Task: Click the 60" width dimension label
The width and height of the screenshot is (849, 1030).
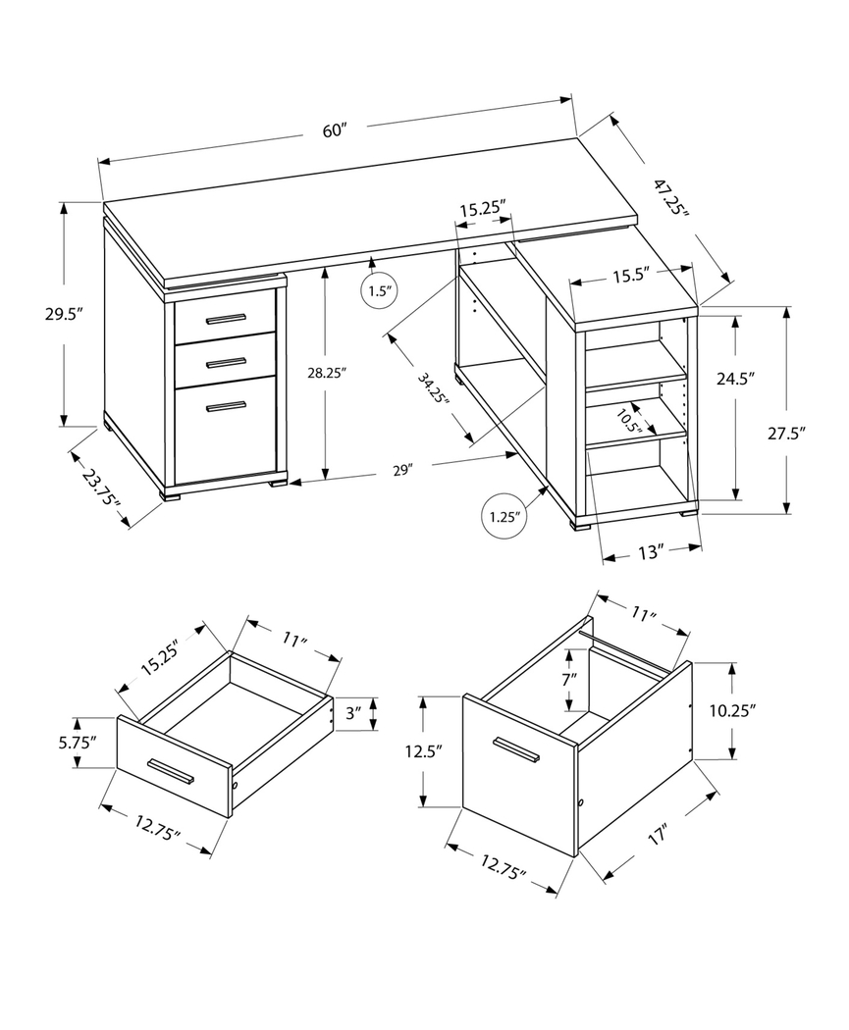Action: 336,132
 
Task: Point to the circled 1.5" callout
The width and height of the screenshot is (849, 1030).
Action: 379,291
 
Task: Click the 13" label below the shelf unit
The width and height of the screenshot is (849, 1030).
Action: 650,553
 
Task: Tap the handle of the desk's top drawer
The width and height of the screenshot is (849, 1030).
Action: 226,318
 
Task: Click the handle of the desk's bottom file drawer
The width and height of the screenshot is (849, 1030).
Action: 226,405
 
